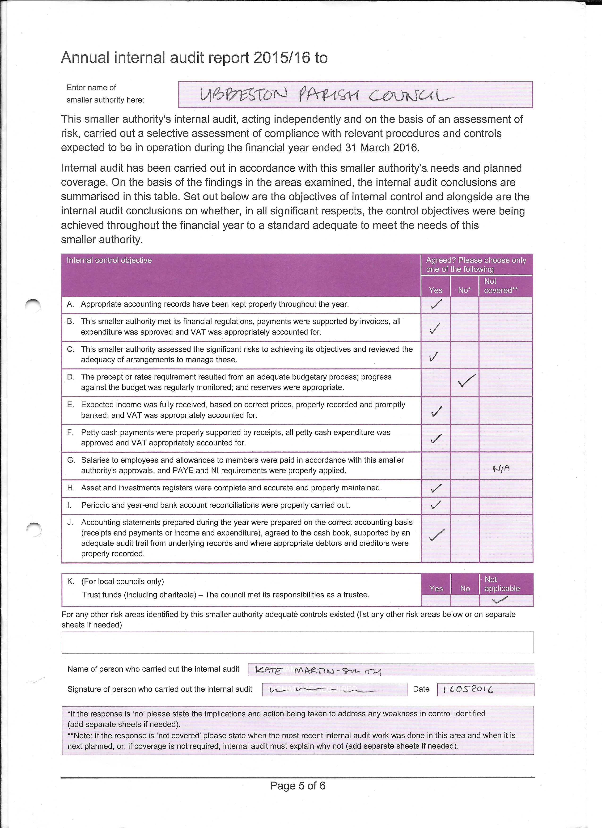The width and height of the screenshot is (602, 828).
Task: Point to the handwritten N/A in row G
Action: tap(501, 469)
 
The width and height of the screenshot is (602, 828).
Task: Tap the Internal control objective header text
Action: tap(109, 260)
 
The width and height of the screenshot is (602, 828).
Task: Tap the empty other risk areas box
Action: tap(297, 642)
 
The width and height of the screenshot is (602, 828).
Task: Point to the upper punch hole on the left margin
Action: tap(33, 304)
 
